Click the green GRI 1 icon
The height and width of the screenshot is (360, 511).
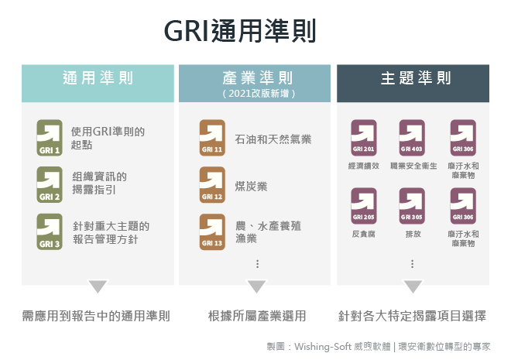pyautogui.click(x=50, y=138)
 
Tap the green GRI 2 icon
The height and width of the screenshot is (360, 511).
pyautogui.click(x=50, y=184)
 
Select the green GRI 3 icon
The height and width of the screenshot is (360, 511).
pyautogui.click(x=50, y=231)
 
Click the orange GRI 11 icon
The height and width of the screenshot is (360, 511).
pyautogui.click(x=212, y=138)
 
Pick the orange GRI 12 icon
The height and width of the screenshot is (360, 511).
pyautogui.click(x=212, y=184)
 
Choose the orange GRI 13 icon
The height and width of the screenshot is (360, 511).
pyautogui.click(x=212, y=231)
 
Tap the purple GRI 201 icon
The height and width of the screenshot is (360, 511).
pyautogui.click(x=364, y=138)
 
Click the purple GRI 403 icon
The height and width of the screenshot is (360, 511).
pyautogui.click(x=412, y=138)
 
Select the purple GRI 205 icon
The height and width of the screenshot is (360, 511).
pyautogui.click(x=364, y=206)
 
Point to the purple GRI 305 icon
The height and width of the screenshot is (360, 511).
pyautogui.click(x=412, y=206)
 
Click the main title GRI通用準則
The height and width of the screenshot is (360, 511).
pyautogui.click(x=240, y=31)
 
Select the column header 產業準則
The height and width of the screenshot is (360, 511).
pyautogui.click(x=258, y=78)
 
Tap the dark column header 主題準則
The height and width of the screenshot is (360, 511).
pyautogui.click(x=416, y=78)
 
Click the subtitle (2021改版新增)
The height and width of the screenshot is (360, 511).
pyautogui.click(x=259, y=94)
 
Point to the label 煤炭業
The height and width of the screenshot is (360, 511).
pyautogui.click(x=251, y=187)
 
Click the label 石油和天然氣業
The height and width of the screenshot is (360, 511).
pyautogui.click(x=273, y=139)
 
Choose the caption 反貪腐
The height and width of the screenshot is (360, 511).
pyautogui.click(x=364, y=234)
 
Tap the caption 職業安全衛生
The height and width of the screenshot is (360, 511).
pyautogui.click(x=413, y=166)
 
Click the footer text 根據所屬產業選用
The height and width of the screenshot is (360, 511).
pyautogui.click(x=257, y=316)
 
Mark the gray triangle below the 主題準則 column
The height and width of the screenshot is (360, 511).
pyautogui.click(x=413, y=286)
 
